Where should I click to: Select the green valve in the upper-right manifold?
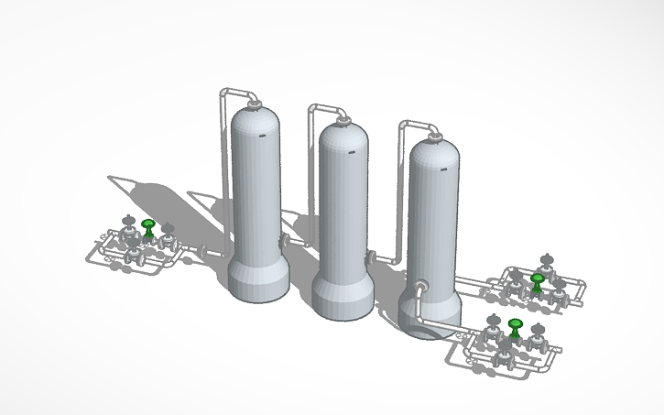tap(538, 279)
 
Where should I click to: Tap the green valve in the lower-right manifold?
tap(516, 326)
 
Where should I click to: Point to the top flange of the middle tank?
tap(343, 119)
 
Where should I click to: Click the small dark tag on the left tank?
tap(262, 136)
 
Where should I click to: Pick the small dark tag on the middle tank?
tap(352, 150)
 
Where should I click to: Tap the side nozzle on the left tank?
tap(285, 241)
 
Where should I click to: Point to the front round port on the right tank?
tap(419, 287)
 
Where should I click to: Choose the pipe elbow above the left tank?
tap(225, 93)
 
